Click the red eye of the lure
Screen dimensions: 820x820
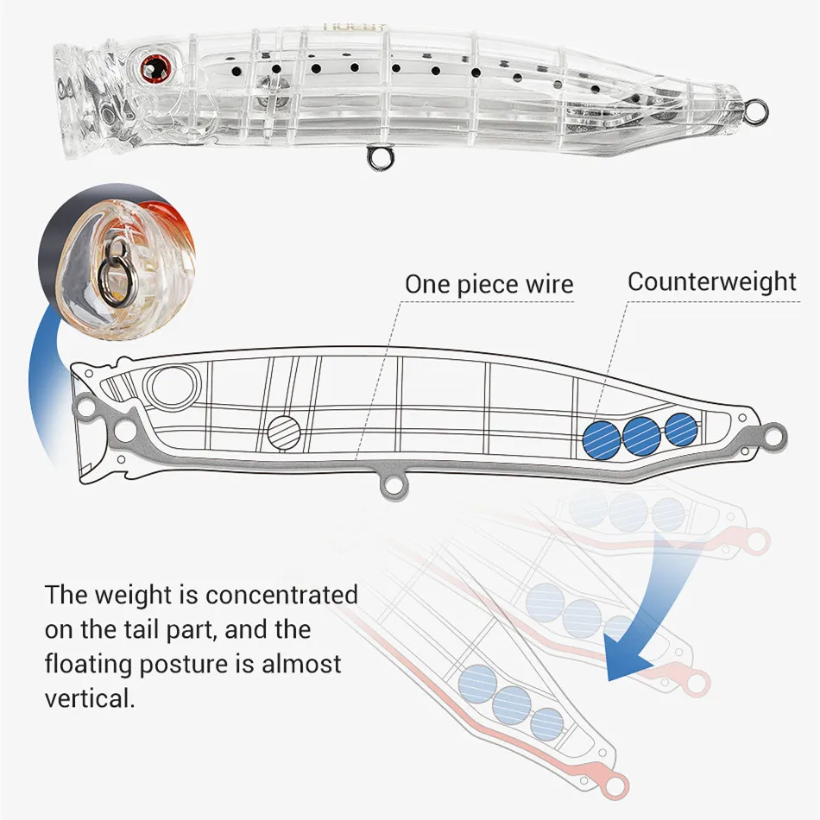[x=155, y=62]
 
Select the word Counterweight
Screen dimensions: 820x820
[x=712, y=281]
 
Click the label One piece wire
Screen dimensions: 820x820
[x=489, y=284]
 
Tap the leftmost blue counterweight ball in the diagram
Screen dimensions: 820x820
[x=601, y=437]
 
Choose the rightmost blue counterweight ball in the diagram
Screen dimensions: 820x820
[x=681, y=428]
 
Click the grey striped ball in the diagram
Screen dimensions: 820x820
[x=283, y=431]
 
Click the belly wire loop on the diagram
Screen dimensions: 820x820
[x=393, y=488]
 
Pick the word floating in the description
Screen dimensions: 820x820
[x=93, y=664]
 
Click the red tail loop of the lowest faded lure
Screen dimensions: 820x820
[x=616, y=784]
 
